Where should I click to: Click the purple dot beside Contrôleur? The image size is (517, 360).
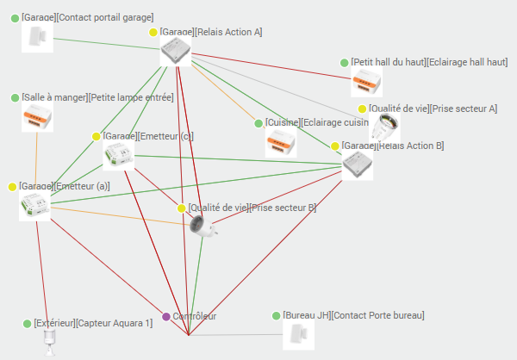(x=166, y=317)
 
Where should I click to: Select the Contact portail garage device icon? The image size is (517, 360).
(x=37, y=37)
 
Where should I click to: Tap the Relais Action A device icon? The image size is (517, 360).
(x=177, y=53)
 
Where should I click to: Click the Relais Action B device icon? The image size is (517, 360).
(x=358, y=164)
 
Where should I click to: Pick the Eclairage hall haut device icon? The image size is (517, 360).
(x=366, y=83)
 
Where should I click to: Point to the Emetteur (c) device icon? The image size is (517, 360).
(x=119, y=156)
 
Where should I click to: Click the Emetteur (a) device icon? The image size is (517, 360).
(x=34, y=206)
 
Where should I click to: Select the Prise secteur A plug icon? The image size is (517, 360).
(x=385, y=127)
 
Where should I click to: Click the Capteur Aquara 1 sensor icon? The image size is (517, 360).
(x=49, y=341)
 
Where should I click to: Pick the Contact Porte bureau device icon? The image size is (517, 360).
(x=294, y=335)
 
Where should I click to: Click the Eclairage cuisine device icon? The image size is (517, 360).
(x=280, y=143)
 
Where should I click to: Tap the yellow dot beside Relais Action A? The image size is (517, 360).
(x=153, y=33)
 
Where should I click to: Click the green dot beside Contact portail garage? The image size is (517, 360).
(x=15, y=17)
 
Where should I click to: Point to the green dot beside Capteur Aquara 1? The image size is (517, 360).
(x=27, y=324)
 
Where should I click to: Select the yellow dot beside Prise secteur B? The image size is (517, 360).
(x=182, y=208)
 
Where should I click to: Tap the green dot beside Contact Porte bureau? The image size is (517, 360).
(x=277, y=316)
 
